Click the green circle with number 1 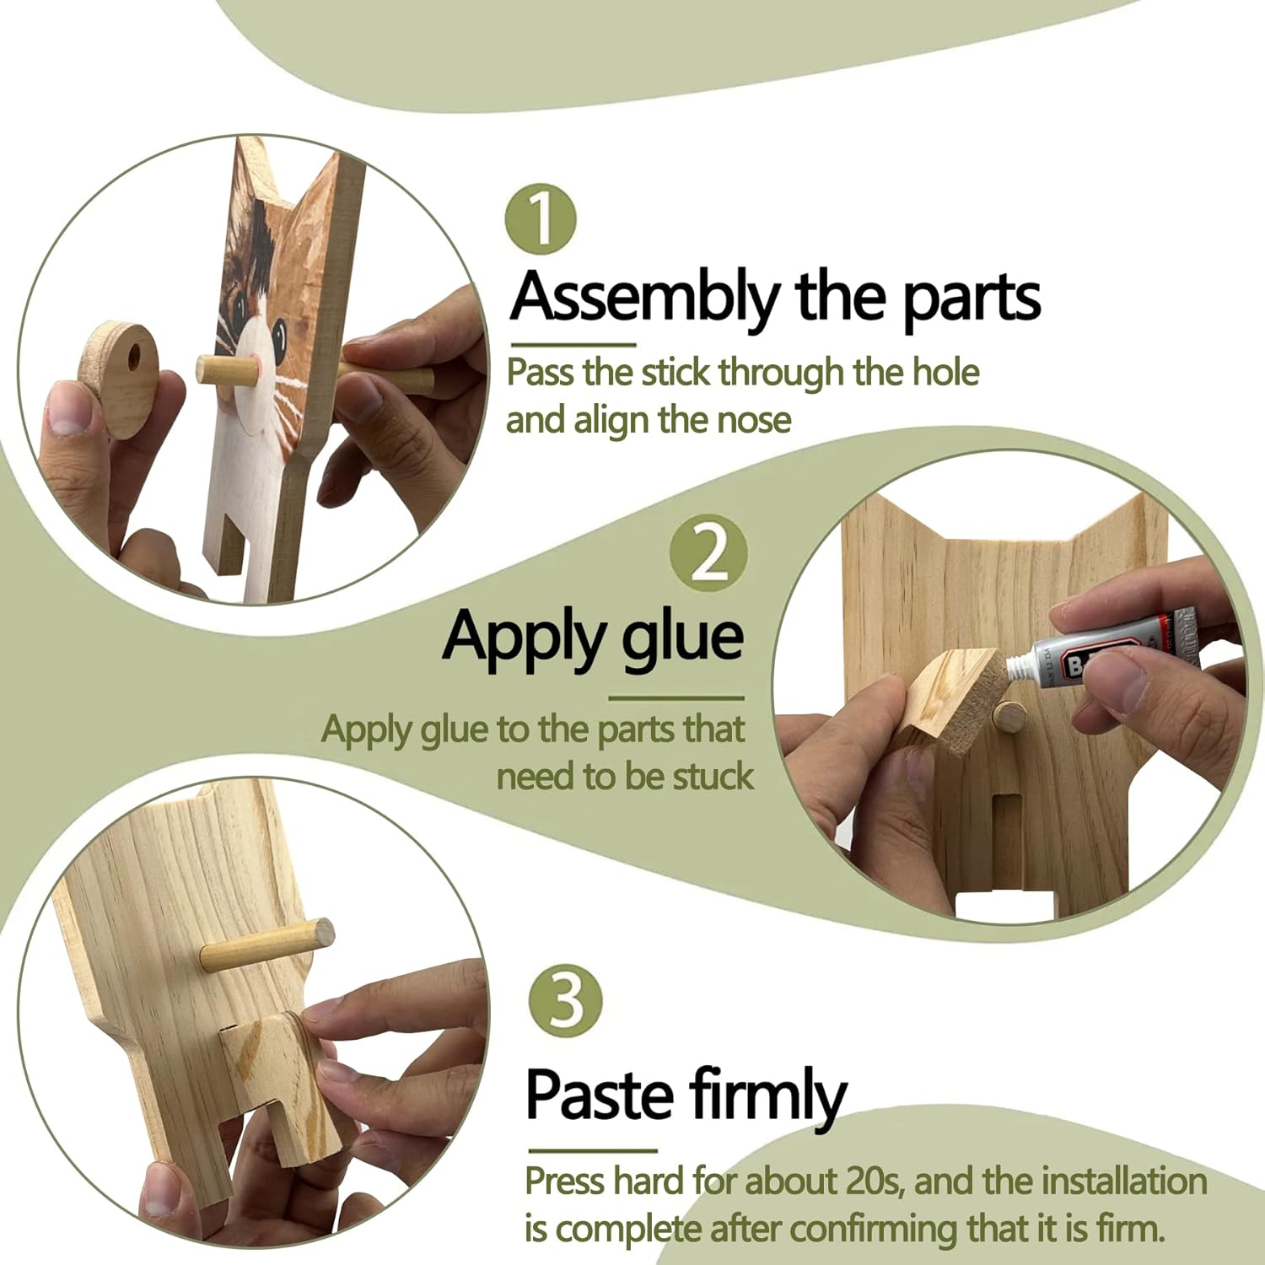(x=541, y=218)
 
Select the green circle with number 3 (x=566, y=1001)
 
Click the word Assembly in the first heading (x=645, y=298)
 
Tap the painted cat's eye (x=278, y=336)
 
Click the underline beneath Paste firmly (x=592, y=1150)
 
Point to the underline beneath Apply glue (x=676, y=698)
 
